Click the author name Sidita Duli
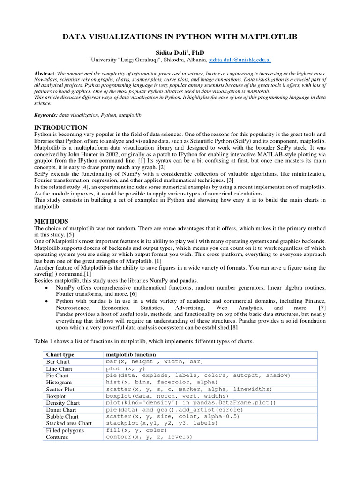(174, 52)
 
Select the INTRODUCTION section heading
(61, 127)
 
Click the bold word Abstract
(45, 74)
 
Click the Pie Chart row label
(58, 375)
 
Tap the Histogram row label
(59, 382)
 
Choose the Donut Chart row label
(61, 410)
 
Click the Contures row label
(57, 437)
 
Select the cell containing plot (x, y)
(126, 368)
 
